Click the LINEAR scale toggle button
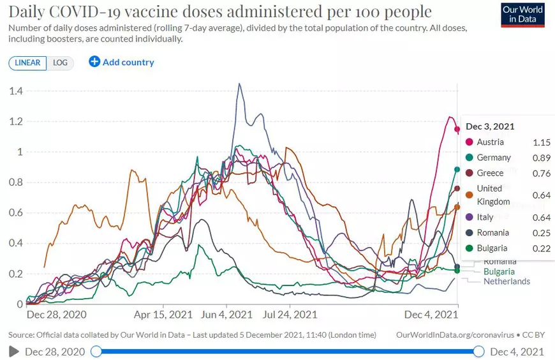(27, 63)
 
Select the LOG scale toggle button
(60, 63)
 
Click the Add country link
(122, 62)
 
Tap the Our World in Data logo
(523, 14)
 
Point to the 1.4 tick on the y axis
(16, 91)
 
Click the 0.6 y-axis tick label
(16, 213)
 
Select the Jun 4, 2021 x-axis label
(228, 315)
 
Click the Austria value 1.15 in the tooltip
(541, 142)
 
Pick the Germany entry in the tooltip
(494, 158)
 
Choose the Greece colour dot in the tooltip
(470, 173)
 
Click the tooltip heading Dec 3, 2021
(490, 126)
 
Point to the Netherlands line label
(507, 281)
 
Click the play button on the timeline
(14, 352)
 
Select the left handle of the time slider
(96, 352)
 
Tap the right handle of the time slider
(479, 352)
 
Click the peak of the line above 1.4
(239, 84)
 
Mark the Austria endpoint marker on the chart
(457, 130)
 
